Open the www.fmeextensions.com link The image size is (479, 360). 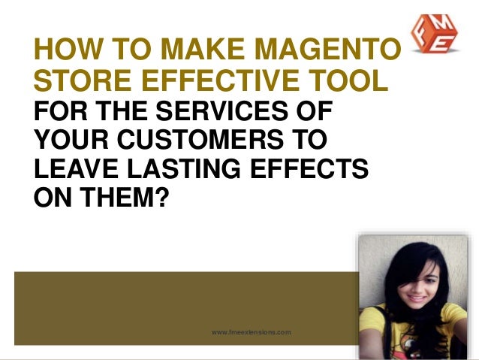tap(251, 331)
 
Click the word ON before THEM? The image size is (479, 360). tap(50, 196)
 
